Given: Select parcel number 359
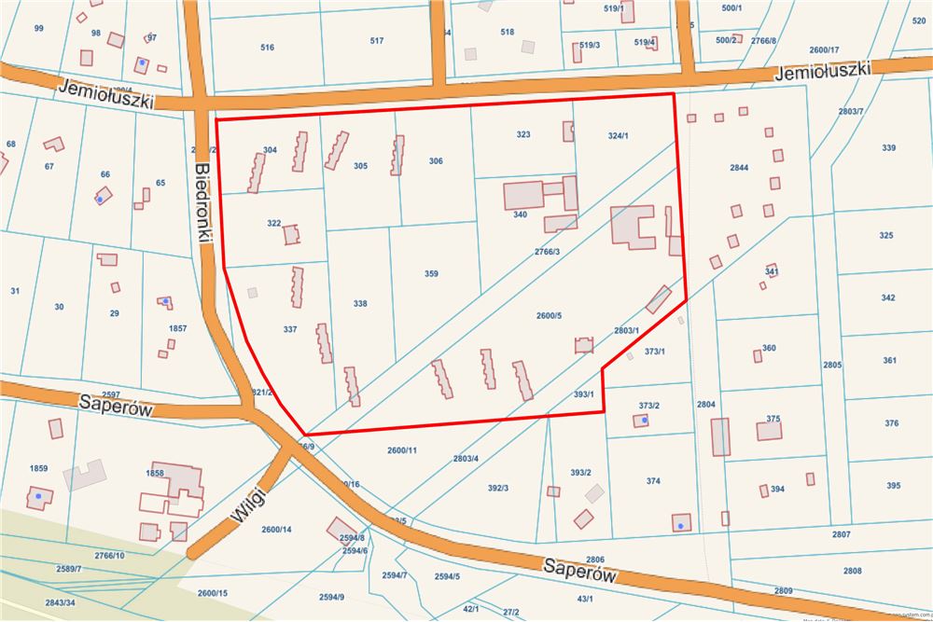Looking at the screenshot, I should coord(431,274).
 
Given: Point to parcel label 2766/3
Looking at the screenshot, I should coord(548,252).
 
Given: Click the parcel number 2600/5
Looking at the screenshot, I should coord(549,316).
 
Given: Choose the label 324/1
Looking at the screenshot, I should coord(618,136).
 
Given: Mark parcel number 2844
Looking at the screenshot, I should coord(739,168).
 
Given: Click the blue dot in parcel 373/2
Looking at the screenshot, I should coord(644,421).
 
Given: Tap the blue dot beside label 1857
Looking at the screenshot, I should coord(166,301).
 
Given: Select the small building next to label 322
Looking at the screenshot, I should coord(292,234).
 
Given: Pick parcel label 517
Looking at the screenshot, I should coord(377,41).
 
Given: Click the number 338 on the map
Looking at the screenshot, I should coord(360,304).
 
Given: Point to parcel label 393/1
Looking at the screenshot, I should coord(583,394).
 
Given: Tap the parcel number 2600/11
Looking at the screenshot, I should coord(401,450).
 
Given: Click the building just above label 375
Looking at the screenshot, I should coord(769,431).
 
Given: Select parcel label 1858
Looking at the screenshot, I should coord(155,474).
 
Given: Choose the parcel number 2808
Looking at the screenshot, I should coord(852,571).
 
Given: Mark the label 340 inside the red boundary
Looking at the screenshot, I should coord(521,215).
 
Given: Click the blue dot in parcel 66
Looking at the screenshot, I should coord(100,200).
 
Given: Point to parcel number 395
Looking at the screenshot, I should coord(893,486).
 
